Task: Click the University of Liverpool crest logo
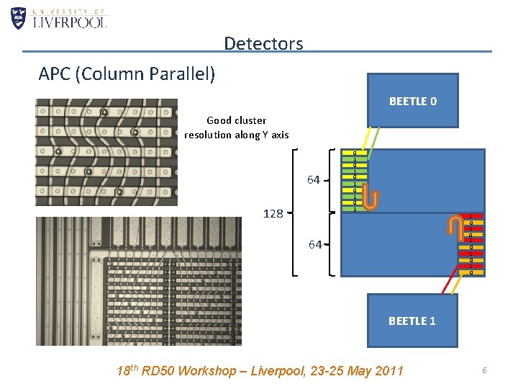pyautogui.click(x=19, y=18)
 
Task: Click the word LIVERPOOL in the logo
pyautogui.click(x=71, y=22)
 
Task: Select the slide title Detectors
pyautogui.click(x=263, y=43)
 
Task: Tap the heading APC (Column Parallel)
pyautogui.click(x=127, y=73)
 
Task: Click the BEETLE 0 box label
pyautogui.click(x=412, y=102)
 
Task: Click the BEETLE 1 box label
pyautogui.click(x=412, y=321)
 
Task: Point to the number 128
pyautogui.click(x=273, y=213)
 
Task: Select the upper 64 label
pyautogui.click(x=313, y=179)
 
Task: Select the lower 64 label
pyautogui.click(x=315, y=245)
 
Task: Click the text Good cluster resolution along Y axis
pyautogui.click(x=236, y=128)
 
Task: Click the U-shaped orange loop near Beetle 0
pyautogui.click(x=371, y=196)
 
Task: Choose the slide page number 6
pyautogui.click(x=485, y=370)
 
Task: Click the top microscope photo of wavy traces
pyautogui.click(x=106, y=151)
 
